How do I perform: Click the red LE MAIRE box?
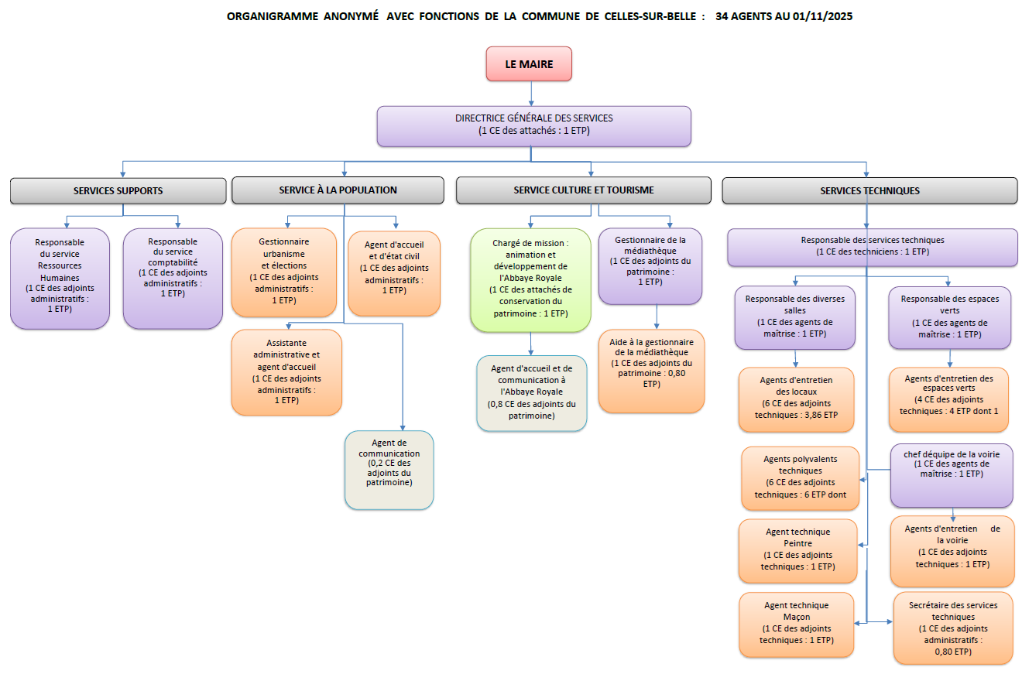click(x=529, y=64)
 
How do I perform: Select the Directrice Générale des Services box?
click(x=533, y=126)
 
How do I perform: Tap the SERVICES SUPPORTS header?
click(x=118, y=190)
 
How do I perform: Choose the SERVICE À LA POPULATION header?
click(x=338, y=190)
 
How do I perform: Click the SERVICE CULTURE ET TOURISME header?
click(x=583, y=190)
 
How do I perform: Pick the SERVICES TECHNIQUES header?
click(x=869, y=190)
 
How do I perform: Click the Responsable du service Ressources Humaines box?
click(x=60, y=278)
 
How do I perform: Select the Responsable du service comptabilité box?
click(x=173, y=278)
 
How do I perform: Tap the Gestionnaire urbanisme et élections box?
click(x=284, y=272)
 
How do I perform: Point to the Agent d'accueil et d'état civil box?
click(x=394, y=273)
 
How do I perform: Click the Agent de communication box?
click(x=389, y=470)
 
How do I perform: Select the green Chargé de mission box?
click(x=530, y=279)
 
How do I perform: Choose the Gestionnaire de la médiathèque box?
click(x=650, y=265)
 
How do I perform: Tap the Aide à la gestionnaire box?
click(x=651, y=371)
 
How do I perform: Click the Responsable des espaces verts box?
click(x=949, y=317)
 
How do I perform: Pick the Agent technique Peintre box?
click(x=797, y=550)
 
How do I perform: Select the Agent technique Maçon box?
click(x=796, y=624)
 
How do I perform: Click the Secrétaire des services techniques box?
click(x=952, y=628)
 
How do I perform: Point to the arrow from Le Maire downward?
click(x=531, y=94)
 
